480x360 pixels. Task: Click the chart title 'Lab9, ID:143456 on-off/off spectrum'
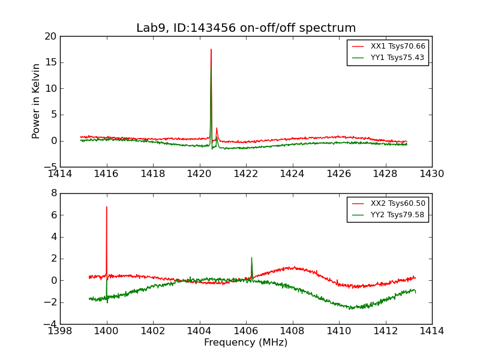[246, 28]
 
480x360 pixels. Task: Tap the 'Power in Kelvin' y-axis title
[37, 101]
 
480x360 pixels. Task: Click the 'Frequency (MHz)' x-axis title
[246, 343]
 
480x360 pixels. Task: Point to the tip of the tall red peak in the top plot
[211, 49]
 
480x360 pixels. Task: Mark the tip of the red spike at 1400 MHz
[107, 207]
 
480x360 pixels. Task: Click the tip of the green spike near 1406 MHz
[251, 257]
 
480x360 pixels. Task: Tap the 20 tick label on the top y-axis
[50, 36]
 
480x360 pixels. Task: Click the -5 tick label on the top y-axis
[50, 167]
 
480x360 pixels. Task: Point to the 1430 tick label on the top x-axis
[432, 174]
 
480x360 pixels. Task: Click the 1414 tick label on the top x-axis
[60, 174]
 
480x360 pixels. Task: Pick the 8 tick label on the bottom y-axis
[53, 193]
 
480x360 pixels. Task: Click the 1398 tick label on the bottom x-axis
[60, 331]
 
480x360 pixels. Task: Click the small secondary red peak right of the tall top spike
[217, 128]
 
